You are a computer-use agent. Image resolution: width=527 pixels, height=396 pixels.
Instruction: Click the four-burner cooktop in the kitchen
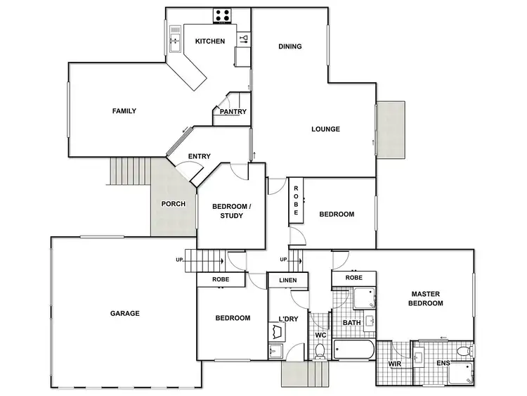coord(223,15)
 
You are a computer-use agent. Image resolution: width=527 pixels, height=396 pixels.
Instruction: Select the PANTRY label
coord(233,112)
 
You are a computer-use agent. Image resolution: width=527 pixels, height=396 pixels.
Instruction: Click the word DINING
coord(289,46)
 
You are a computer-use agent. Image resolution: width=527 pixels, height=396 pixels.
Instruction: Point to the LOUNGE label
coord(326,129)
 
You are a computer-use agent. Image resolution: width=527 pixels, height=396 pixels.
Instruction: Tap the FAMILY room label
coord(124,110)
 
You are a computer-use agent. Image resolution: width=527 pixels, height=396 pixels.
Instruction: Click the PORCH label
coord(174,204)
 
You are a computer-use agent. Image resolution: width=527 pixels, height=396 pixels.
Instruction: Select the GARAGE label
coord(124,314)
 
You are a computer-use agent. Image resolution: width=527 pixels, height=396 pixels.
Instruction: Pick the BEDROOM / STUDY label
coord(231,211)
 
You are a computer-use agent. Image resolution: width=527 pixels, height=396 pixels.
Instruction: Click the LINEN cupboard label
coord(288,281)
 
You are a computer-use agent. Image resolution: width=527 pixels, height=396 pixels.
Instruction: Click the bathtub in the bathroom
coord(354,350)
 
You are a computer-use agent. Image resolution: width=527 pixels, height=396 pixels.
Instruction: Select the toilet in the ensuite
coord(462,350)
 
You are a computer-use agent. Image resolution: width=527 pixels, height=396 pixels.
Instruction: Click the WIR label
coord(394,364)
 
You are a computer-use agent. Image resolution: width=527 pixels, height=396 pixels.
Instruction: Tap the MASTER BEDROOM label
coord(427,298)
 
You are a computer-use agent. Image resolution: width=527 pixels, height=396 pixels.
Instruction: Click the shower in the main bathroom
coord(364,299)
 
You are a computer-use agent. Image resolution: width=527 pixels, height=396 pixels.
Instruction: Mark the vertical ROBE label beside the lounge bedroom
coord(296,200)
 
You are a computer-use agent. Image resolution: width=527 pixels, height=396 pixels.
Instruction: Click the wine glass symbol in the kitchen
coord(244,38)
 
